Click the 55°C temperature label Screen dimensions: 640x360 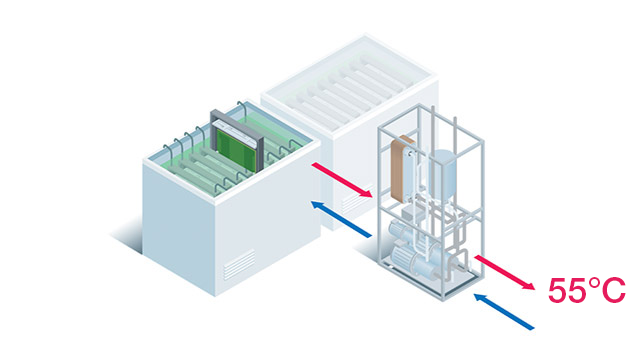click(x=587, y=290)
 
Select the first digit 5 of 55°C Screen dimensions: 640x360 click(x=557, y=291)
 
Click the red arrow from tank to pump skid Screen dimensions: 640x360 click(x=342, y=180)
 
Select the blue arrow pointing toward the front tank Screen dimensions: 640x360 click(x=341, y=219)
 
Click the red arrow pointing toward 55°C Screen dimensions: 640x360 click(x=504, y=272)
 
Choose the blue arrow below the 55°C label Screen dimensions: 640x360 click(x=504, y=311)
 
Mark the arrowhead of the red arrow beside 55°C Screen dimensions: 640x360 click(x=529, y=286)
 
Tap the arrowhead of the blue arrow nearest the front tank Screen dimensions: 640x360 click(x=317, y=205)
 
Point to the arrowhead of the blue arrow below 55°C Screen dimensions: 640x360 click(x=480, y=298)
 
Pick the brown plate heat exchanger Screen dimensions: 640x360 click(x=402, y=169)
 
